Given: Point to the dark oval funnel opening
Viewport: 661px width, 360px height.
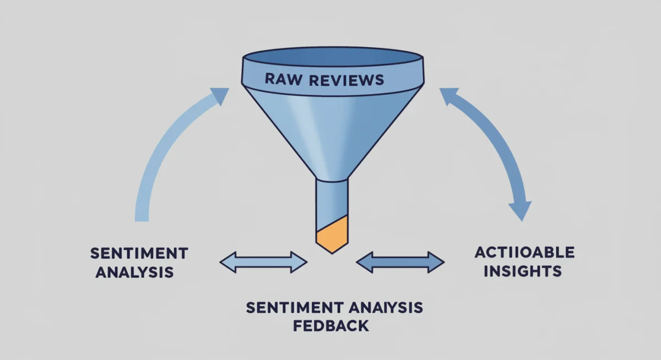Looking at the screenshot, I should [x=332, y=57].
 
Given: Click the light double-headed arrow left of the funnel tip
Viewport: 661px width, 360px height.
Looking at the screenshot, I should [x=263, y=262].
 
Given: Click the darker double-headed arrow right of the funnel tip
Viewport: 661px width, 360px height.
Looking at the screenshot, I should [x=400, y=262].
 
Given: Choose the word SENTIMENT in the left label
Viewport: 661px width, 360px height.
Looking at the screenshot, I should [x=139, y=254].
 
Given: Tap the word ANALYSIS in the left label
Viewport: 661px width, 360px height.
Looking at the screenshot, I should [x=134, y=272].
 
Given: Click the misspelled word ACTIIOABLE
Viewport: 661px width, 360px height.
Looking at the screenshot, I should [x=524, y=253].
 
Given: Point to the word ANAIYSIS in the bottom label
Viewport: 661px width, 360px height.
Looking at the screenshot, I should [x=383, y=308].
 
